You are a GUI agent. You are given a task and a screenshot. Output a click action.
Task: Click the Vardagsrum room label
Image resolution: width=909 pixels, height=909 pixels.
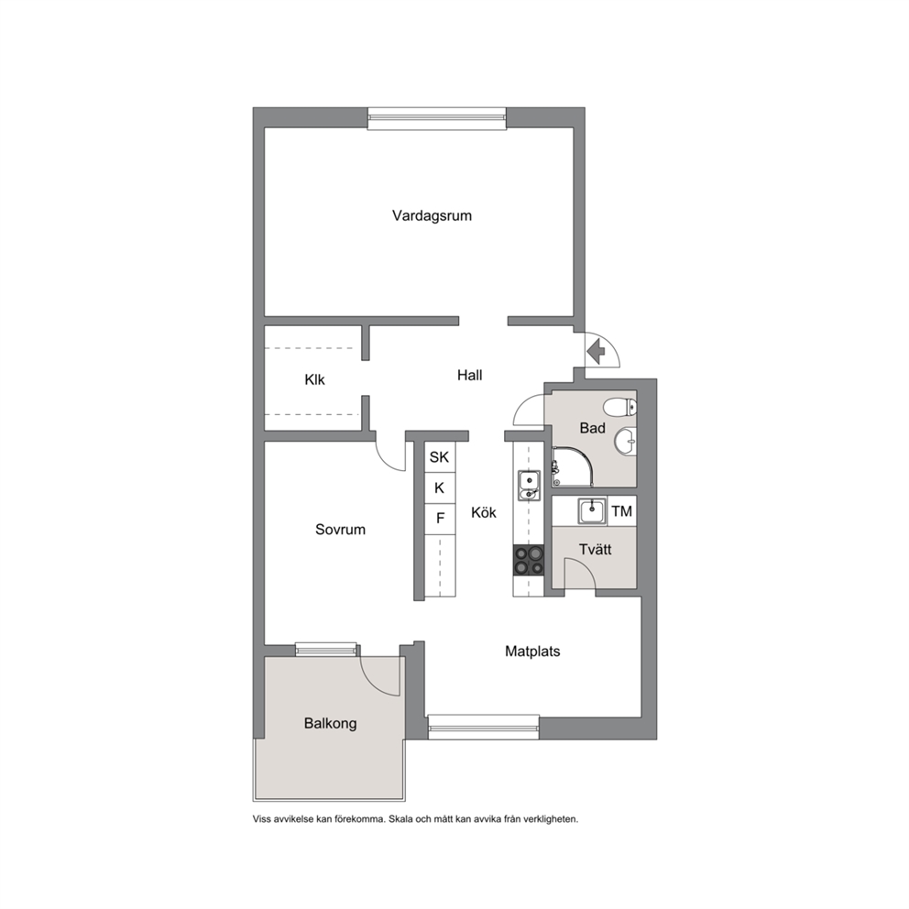coord(432,216)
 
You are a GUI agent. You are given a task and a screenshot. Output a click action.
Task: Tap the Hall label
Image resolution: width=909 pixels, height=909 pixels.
coord(469,375)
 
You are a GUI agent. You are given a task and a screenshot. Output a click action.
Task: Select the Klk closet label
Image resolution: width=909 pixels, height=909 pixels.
coord(315,379)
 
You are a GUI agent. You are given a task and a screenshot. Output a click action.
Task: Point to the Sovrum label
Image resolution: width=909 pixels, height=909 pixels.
coord(340,530)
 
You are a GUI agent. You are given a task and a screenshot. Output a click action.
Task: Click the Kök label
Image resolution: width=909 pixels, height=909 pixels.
coord(484,512)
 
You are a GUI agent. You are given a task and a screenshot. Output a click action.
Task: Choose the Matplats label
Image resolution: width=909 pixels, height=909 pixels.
coord(532,652)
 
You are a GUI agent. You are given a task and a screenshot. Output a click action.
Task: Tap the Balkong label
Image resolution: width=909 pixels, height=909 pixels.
coord(331,724)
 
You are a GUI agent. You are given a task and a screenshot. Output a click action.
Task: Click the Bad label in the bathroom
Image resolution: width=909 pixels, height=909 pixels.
coord(593,428)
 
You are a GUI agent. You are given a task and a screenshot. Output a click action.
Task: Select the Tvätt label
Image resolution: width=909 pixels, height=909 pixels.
coord(596,549)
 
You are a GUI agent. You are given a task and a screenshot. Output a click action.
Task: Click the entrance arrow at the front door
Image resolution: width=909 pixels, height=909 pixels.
coord(596,351)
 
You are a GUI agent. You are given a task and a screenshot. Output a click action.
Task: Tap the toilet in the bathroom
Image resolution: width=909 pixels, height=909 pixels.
coord(619,408)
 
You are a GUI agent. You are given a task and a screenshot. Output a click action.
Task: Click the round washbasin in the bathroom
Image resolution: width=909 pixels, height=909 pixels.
coord(626,443)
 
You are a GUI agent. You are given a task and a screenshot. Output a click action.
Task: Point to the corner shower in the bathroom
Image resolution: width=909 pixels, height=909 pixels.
coord(572,466)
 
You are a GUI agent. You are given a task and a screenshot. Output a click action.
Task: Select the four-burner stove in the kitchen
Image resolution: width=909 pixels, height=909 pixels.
coord(529,560)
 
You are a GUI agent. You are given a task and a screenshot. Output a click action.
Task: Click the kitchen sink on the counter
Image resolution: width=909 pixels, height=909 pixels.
coord(529,486)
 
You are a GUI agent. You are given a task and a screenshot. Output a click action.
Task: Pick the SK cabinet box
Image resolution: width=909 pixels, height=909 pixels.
coord(440,457)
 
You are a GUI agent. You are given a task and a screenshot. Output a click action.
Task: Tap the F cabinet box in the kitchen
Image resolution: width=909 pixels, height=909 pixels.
coord(440,519)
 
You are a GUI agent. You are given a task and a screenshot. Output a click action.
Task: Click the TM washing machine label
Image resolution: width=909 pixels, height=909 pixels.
coord(621,511)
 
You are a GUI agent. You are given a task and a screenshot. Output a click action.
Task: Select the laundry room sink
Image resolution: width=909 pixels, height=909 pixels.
coord(592,510)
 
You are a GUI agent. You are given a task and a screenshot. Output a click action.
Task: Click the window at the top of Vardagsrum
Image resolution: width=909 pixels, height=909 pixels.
coord(437,118)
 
